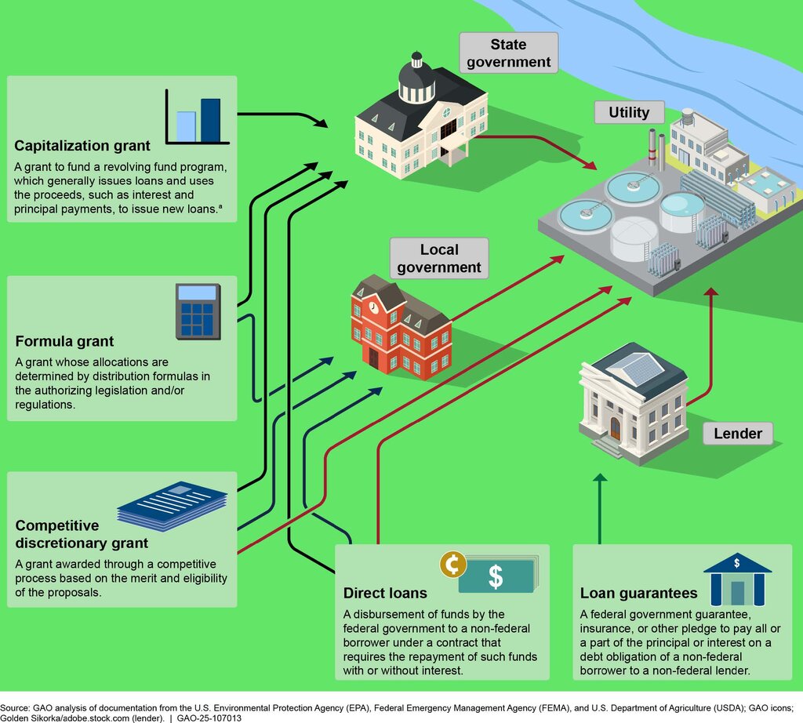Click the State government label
[508, 53]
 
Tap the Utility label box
[630, 112]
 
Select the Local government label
[439, 258]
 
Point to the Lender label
[737, 434]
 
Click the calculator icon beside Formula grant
[198, 312]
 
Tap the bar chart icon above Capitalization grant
[197, 117]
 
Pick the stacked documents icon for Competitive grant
[172, 506]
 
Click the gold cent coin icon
[452, 565]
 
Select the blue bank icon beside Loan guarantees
[737, 579]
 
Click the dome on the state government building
[417, 77]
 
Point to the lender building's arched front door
[615, 428]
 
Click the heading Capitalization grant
[82, 146]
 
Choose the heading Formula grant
[64, 341]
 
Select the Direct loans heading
[385, 593]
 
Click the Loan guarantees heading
[638, 593]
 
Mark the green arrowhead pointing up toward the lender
[600, 478]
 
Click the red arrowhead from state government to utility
[590, 165]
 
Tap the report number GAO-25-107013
[209, 718]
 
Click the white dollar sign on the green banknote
[496, 576]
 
